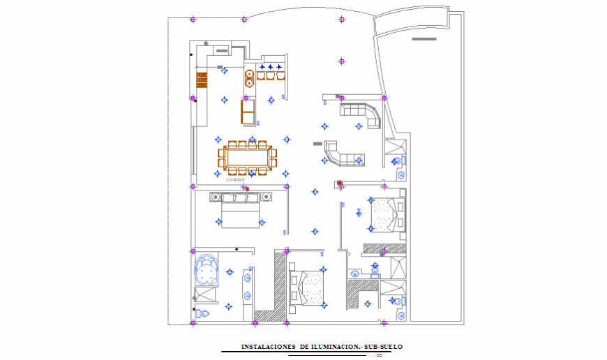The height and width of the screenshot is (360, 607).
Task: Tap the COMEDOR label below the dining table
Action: (236, 180)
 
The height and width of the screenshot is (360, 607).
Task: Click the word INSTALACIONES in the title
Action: (268, 347)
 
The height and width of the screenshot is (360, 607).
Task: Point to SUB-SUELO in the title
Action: (383, 347)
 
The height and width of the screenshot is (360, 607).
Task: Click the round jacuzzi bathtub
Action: (207, 269)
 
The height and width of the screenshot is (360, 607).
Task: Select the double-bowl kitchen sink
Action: (249, 77)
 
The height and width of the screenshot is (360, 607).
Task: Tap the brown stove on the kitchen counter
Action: (202, 80)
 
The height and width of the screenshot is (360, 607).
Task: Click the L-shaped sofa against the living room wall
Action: (361, 114)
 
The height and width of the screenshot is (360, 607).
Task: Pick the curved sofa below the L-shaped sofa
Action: (341, 155)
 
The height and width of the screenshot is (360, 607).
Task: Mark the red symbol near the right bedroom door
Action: (340, 184)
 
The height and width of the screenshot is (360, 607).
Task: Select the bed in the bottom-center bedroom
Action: (307, 287)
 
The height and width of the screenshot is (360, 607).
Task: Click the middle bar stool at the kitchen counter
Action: (270, 75)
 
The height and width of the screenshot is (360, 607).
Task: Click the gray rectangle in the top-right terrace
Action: (423, 39)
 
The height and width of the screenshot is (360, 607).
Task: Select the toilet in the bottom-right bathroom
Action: (397, 302)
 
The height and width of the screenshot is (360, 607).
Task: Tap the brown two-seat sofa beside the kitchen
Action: (248, 112)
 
